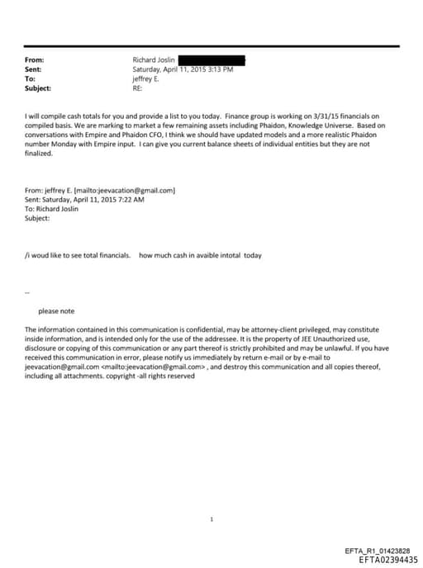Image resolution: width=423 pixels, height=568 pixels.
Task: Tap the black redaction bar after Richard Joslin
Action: coord(211,60)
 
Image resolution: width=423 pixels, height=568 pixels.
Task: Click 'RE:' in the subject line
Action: coord(138,88)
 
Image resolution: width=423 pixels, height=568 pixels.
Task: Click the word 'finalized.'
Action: coord(40,154)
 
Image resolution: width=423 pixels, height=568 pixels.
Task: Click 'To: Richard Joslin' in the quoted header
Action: coord(55,209)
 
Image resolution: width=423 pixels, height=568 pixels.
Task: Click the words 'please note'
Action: coord(56,310)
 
